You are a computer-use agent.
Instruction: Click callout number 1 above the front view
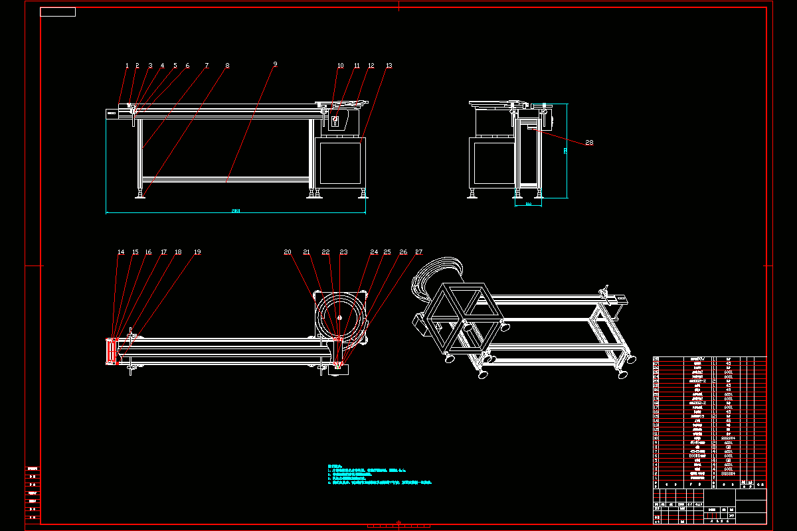tap(127, 66)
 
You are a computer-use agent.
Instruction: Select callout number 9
tap(275, 64)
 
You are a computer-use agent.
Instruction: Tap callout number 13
tap(389, 66)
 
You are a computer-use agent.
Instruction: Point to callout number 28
tap(589, 143)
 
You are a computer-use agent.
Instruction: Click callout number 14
tap(121, 252)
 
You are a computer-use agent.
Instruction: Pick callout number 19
tap(197, 252)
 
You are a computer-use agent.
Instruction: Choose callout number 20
tap(288, 252)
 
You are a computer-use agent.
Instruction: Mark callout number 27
tap(419, 252)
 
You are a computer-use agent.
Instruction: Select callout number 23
tap(343, 252)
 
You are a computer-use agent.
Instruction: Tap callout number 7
tap(207, 66)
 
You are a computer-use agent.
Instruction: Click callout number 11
tap(357, 66)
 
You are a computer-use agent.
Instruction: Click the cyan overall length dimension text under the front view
tap(236, 210)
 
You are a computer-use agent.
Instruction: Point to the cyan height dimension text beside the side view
tap(565, 151)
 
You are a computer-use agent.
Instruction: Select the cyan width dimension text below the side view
tap(529, 204)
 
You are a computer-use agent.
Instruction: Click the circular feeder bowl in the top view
tap(339, 315)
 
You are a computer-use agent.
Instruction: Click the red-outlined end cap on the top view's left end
tap(111, 350)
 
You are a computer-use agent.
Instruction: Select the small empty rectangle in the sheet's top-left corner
tap(58, 12)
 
